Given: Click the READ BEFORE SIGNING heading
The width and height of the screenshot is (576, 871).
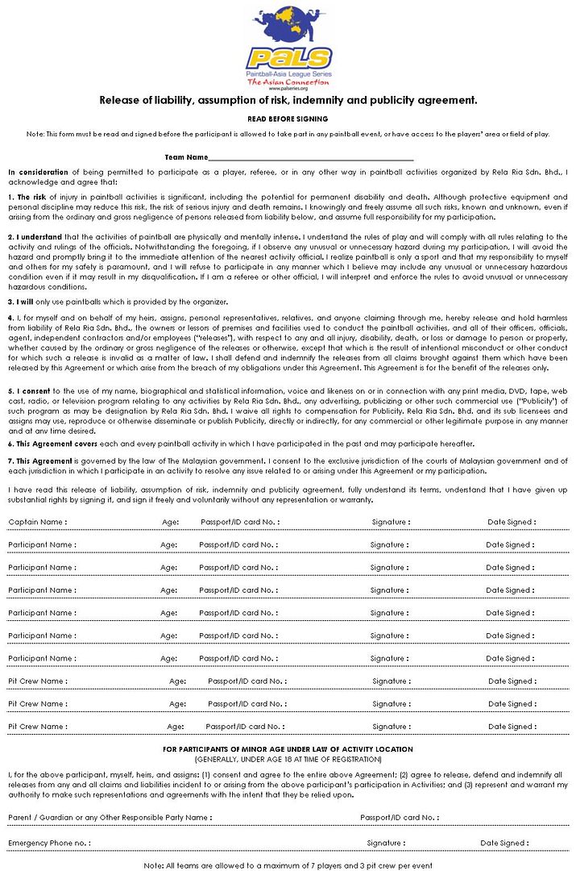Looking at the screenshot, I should pos(288,119).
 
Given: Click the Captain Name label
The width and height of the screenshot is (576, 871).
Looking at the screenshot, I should pos(37,522).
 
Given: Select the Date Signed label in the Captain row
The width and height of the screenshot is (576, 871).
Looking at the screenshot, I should pos(511,522).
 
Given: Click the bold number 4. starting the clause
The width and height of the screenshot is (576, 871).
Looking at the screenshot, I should pos(11,318).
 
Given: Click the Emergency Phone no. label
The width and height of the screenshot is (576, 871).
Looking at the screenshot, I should pos(48,843).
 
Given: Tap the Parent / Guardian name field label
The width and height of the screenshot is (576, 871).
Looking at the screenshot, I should pos(110,817).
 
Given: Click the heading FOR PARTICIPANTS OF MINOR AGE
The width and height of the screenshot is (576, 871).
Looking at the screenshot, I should pos(288,749).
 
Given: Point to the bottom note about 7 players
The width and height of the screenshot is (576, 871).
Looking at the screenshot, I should pos(288,865).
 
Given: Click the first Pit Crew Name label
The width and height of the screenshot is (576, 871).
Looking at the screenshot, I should pos(37,681).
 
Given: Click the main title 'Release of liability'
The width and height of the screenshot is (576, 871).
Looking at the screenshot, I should pos(288,100).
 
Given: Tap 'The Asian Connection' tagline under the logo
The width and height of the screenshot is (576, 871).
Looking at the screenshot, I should pos(288,82).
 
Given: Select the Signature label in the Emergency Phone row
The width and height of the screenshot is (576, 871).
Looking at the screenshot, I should pos(385,843).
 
